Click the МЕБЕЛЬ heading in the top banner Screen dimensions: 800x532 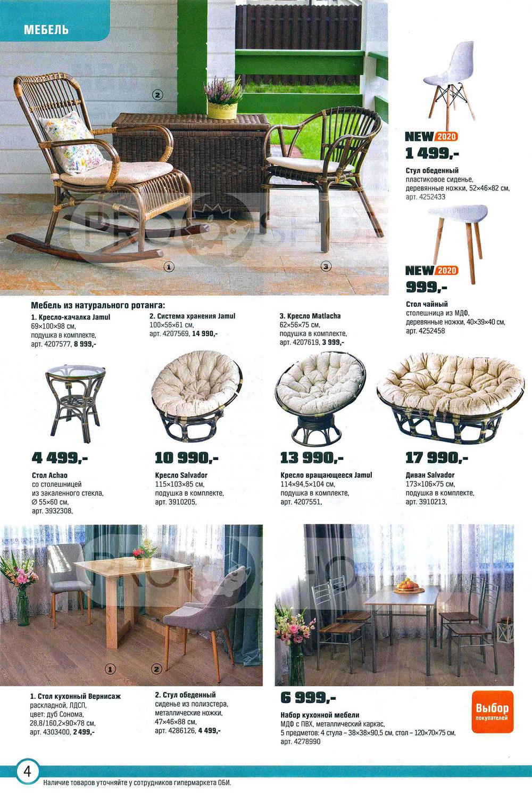pos(46,29)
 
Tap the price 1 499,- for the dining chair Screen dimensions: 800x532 pos(432,153)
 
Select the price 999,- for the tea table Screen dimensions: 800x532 pos(427,288)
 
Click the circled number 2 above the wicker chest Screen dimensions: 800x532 pos(157,95)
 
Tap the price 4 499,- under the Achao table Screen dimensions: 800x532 pos(60,458)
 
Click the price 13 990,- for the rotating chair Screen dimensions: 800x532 pos(312,458)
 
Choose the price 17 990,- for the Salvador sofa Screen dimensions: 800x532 pos(437,458)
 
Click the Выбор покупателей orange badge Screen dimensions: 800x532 pos(492,712)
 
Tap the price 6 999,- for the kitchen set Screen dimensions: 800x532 pos(308,698)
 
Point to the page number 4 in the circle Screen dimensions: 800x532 pos(27,771)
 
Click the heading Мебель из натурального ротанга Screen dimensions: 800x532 pos(98,305)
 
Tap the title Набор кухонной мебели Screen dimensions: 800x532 pos(320,715)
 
